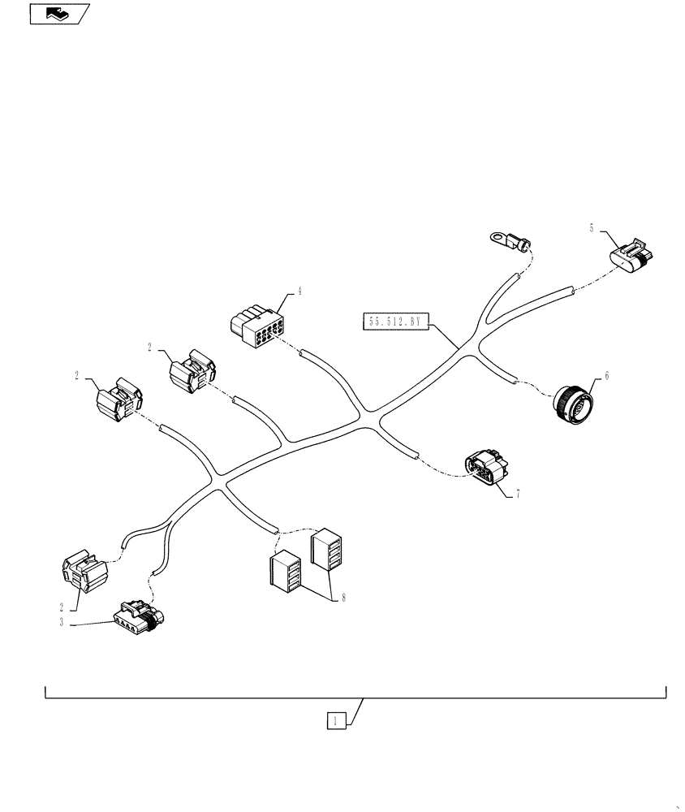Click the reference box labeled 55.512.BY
[395, 322]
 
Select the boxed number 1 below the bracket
[338, 719]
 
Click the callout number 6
[605, 378]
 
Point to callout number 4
[299, 291]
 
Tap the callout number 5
[592, 229]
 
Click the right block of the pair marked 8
[326, 551]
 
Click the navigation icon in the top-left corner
[59, 14]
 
